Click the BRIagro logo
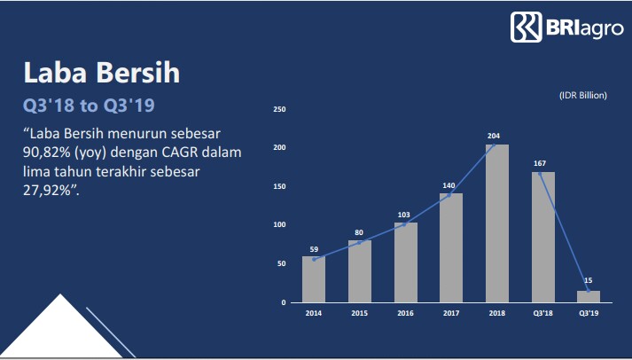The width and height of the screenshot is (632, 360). click(566, 27)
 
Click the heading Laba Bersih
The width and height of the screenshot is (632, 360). click(102, 73)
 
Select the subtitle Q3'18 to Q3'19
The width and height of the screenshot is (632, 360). click(89, 106)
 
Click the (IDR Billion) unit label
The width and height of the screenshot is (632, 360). click(583, 96)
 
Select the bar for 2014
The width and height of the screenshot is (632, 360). click(314, 279)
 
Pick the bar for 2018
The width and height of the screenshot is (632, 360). click(497, 223)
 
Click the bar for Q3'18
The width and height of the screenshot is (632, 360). click(543, 238)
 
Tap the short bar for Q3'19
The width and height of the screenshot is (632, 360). click(589, 296)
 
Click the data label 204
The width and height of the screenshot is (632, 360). click(494, 136)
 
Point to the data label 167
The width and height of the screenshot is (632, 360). click(540, 163)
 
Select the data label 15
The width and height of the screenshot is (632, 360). click(588, 280)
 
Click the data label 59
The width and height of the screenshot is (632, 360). click(314, 249)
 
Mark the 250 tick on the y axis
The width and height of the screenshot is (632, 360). click(279, 109)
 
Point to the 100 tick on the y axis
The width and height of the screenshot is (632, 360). click(279, 225)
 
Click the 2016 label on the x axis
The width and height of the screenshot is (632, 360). click(405, 313)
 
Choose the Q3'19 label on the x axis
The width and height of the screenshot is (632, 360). click(589, 313)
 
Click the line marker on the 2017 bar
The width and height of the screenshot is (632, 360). click(449, 196)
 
